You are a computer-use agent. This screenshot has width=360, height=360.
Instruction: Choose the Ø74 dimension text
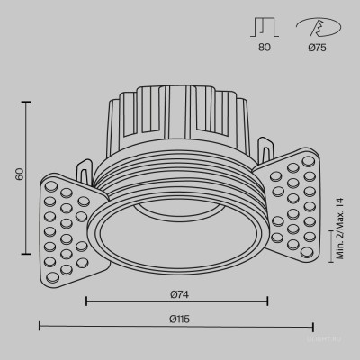pos(177,293)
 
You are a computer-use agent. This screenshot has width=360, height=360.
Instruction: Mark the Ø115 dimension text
pos(176,318)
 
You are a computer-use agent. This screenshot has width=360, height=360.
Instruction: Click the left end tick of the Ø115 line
pos(40,327)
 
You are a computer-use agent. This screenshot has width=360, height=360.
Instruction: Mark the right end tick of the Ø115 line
pos(312,327)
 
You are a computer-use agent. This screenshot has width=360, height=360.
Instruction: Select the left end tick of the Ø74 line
pos(86,302)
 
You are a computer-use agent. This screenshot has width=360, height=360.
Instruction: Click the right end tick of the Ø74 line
pos(266,302)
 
